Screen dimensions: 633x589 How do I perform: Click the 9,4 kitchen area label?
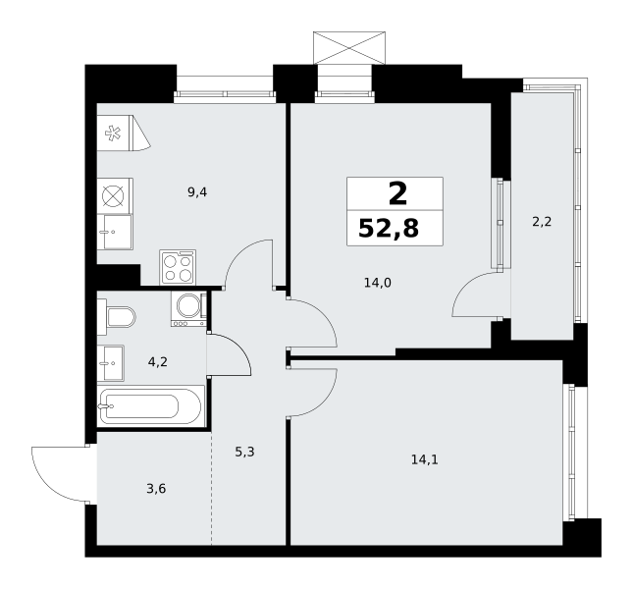click(x=197, y=192)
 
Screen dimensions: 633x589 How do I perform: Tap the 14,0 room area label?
click(x=378, y=283)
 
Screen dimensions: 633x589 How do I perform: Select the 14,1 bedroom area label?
click(x=425, y=459)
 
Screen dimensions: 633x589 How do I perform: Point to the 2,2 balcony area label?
click(x=542, y=222)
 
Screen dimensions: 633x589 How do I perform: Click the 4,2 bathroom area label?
click(x=157, y=362)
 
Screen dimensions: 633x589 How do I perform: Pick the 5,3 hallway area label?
click(x=244, y=452)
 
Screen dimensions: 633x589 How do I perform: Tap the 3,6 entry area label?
click(x=156, y=489)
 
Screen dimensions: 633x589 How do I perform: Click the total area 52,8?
click(x=389, y=229)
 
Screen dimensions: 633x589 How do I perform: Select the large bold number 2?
click(x=397, y=194)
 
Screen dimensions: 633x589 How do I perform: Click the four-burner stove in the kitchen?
click(x=178, y=267)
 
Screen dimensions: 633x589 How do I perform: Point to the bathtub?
click(x=150, y=405)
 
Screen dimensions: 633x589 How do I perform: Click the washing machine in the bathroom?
click(x=188, y=309)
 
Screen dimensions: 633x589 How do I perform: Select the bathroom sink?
click(x=111, y=363)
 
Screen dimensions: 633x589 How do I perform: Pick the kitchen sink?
click(x=115, y=232)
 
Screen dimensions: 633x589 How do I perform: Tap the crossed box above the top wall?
click(x=349, y=48)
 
